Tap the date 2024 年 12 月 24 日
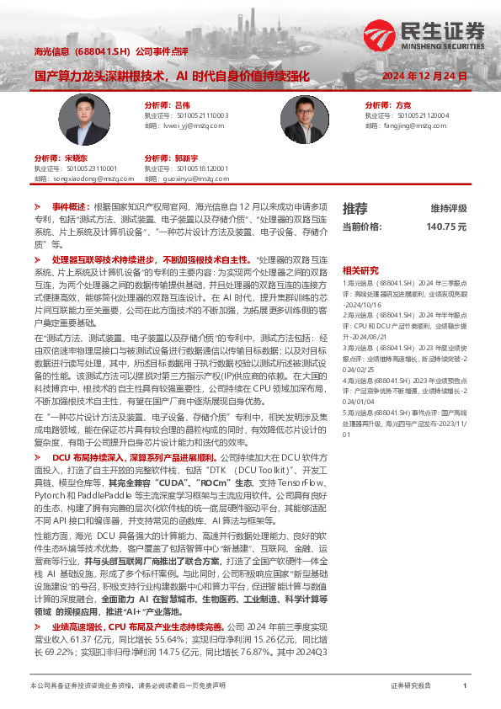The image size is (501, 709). click(x=424, y=76)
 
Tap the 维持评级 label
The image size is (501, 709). click(x=449, y=208)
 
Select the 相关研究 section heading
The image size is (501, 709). click(x=360, y=270)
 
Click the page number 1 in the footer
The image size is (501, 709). click(x=465, y=685)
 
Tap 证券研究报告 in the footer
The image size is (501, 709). click(x=411, y=685)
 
